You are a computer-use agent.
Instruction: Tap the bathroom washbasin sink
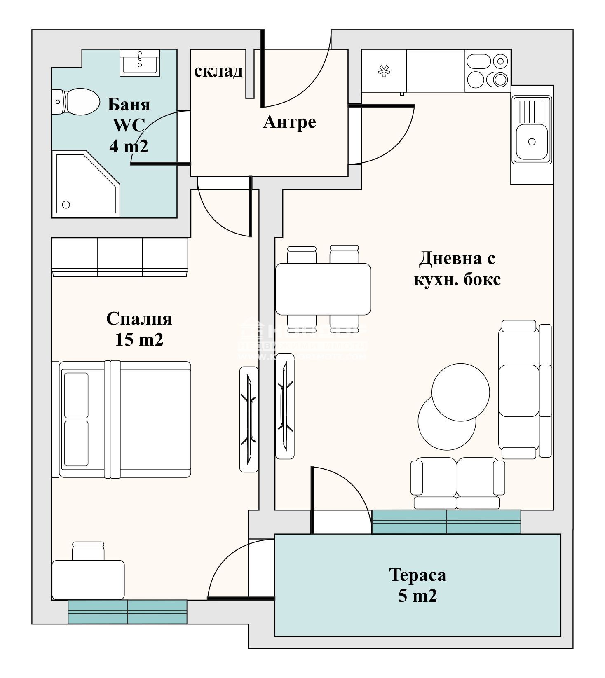[x=140, y=63]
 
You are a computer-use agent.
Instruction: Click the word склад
[x=218, y=71]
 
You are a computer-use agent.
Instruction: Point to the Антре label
[x=289, y=122]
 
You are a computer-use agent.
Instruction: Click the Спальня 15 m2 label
[x=139, y=329]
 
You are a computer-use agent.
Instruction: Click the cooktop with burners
[x=488, y=71]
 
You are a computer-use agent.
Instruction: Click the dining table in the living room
[x=323, y=289]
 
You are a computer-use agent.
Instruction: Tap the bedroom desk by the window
[x=88, y=580]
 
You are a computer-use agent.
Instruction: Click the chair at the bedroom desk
[x=88, y=551]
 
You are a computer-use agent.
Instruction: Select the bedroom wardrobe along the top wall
[x=120, y=257]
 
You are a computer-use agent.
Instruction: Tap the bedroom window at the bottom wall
[x=127, y=612]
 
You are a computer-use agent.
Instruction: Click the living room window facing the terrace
[x=446, y=522]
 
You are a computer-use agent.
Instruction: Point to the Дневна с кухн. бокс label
[x=457, y=269]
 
